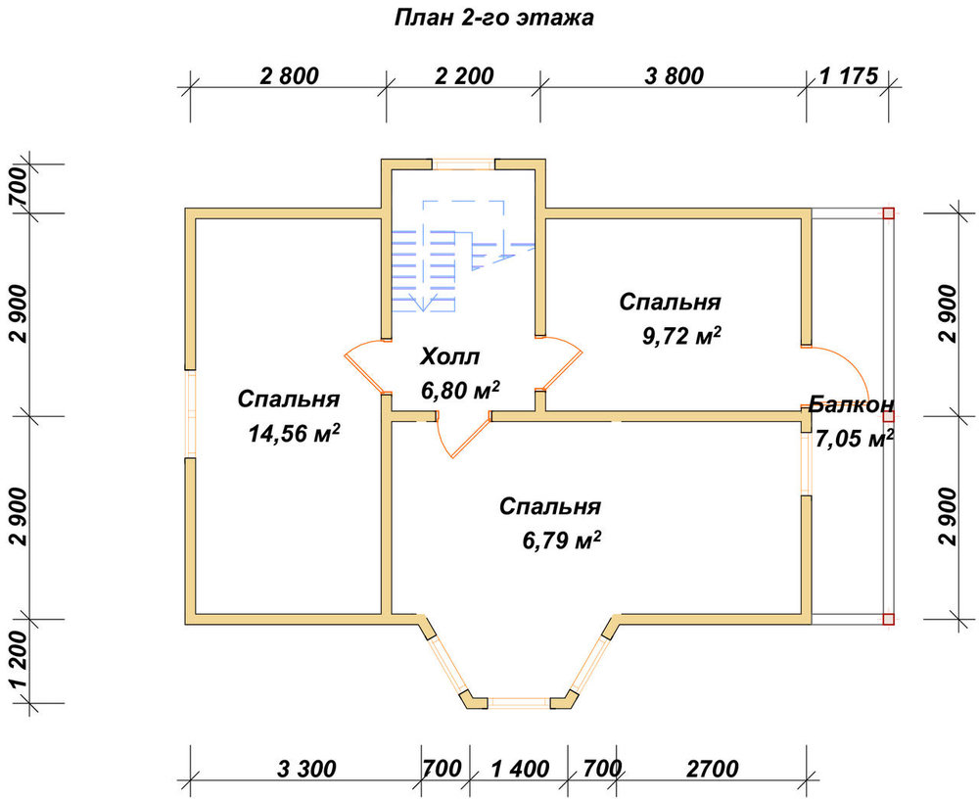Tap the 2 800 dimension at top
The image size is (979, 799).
point(289,76)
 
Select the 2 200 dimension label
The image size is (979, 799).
point(464,76)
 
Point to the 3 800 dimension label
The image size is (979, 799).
point(674,76)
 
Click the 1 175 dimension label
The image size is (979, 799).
point(849,76)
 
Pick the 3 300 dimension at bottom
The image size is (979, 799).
point(306,769)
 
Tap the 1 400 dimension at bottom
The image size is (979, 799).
point(520,769)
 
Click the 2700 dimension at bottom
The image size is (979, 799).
point(713,769)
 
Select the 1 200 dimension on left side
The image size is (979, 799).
point(20,660)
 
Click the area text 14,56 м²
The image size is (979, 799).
point(294,432)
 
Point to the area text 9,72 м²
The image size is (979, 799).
point(681,336)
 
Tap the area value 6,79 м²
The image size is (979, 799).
point(562,540)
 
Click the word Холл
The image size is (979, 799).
point(449,356)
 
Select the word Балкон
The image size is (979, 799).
point(851,404)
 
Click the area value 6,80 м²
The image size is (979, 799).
point(460,391)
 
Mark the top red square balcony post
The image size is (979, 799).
point(889,213)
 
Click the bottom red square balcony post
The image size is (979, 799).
point(889,619)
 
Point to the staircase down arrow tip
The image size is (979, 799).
point(423,310)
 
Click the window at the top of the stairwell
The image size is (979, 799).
point(464,164)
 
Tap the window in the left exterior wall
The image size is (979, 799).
point(191,414)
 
